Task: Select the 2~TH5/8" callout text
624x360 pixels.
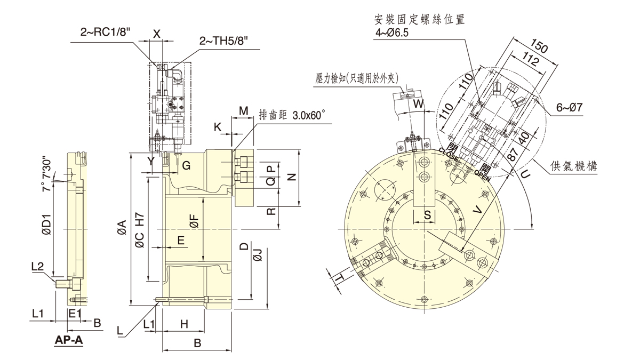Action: tap(224, 41)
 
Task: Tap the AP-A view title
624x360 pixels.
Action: tap(69, 340)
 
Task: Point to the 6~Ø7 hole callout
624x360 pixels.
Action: tap(569, 107)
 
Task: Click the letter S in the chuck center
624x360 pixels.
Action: tap(427, 215)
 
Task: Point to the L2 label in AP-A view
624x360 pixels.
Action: tap(37, 265)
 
